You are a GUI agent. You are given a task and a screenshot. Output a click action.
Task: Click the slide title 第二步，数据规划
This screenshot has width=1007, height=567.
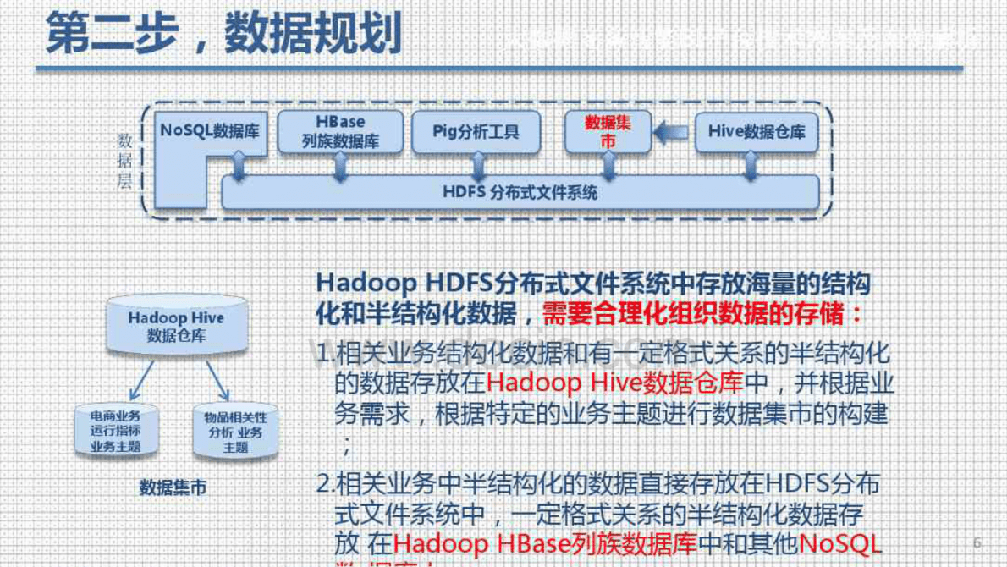tap(223, 36)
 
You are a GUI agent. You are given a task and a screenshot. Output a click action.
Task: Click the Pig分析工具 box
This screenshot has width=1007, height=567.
tap(476, 132)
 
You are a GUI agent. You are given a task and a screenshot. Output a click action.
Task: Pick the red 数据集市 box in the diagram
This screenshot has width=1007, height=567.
tap(608, 132)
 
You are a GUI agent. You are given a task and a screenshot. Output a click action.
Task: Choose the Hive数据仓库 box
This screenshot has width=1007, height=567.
tap(756, 132)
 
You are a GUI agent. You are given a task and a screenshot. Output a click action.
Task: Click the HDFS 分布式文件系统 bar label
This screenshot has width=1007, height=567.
tap(520, 192)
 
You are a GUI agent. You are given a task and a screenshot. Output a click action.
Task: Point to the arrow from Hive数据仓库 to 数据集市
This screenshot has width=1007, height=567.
tap(673, 131)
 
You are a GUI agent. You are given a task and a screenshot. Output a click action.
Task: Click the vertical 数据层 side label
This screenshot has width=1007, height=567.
tap(125, 161)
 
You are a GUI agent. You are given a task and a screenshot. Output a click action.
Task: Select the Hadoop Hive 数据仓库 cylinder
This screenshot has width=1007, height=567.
tap(176, 327)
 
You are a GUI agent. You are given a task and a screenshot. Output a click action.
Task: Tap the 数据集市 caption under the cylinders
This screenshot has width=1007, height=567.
tap(173, 487)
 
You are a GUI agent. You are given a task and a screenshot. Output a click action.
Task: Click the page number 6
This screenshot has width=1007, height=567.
tap(977, 542)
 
